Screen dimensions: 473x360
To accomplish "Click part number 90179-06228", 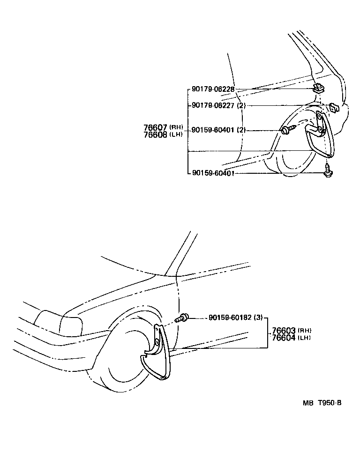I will coord(213,89).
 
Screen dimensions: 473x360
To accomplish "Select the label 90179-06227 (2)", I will coord(218,105).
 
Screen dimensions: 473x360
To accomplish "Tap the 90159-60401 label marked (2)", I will coord(218,130).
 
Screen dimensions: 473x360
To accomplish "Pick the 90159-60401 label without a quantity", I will coord(213,173).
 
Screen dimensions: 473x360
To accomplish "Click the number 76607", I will coord(156,127).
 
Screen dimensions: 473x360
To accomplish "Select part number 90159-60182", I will coord(228,318).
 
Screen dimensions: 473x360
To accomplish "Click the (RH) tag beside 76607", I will coord(176,127).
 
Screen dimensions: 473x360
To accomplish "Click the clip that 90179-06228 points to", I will coord(318,88).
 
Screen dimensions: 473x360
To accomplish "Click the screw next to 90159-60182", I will coord(181,319).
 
